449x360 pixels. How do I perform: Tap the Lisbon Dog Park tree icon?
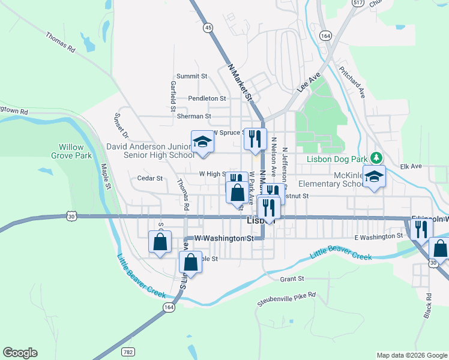376,158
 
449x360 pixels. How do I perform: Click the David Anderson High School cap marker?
202,142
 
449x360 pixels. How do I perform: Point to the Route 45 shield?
208,28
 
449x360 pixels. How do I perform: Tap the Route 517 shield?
358,3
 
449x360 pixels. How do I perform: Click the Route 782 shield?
128,350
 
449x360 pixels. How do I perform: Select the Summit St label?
191,76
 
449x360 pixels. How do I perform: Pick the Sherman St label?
194,116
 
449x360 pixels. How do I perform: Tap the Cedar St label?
150,178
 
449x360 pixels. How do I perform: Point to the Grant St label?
293,278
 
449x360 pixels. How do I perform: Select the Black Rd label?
428,305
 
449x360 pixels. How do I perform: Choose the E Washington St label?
378,237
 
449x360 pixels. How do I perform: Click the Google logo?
20,353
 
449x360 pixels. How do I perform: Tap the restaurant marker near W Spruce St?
256,139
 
